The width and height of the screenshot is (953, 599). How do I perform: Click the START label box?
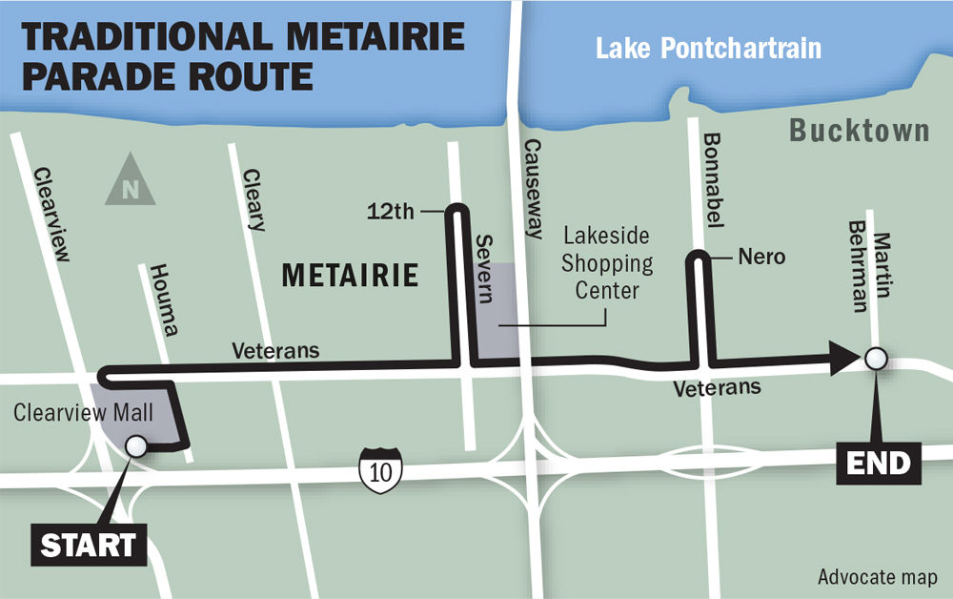tap(87, 545)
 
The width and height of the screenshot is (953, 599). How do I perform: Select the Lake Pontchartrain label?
tap(708, 48)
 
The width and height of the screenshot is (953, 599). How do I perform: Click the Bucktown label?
tap(860, 132)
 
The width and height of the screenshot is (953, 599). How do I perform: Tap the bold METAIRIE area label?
tap(351, 277)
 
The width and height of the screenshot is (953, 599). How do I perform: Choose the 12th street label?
tap(392, 212)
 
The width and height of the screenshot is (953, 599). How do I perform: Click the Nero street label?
tap(760, 257)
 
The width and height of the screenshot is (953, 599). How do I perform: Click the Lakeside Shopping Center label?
tap(608, 262)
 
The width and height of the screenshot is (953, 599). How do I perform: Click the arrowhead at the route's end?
tap(844, 360)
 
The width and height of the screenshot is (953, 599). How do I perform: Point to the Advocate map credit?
tap(877, 577)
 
